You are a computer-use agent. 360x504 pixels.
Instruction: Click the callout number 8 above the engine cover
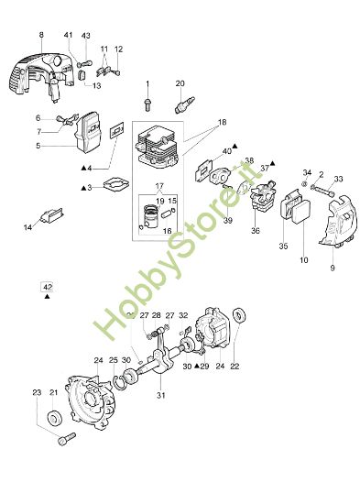pos(40,35)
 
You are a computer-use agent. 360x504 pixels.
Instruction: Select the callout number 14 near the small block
pos(28,227)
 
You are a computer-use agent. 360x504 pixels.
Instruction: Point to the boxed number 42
pos(46,286)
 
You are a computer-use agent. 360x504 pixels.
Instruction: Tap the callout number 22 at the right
pos(235,367)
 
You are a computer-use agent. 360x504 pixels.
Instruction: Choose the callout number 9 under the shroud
pos(332,267)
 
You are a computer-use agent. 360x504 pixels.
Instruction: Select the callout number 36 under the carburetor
pos(256,231)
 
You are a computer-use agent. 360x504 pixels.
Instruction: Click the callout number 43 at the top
pos(85,35)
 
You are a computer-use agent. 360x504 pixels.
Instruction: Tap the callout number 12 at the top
pos(118,48)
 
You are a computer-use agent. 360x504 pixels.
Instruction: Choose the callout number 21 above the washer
pos(54,393)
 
